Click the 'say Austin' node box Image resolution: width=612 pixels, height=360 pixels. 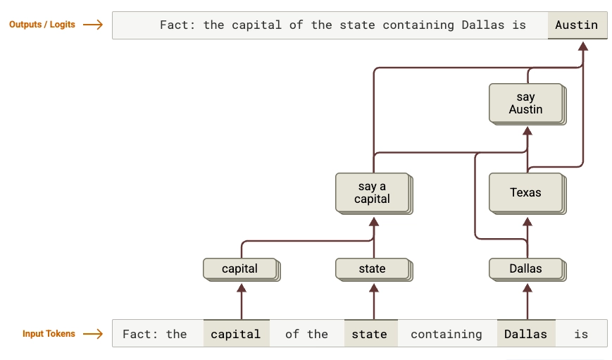point(525,103)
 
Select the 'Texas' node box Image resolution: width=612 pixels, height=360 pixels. point(525,192)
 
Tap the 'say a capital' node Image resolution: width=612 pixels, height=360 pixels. point(372,192)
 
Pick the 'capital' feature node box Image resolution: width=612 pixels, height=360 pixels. point(239,268)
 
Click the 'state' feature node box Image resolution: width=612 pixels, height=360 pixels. point(372,268)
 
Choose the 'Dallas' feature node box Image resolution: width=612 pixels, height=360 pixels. point(525,268)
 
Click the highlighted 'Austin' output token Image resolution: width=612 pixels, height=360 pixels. point(576,25)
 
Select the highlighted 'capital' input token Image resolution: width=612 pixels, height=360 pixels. point(235,334)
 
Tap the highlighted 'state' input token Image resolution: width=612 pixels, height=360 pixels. point(370,334)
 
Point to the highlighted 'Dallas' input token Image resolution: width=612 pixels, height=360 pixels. point(525,334)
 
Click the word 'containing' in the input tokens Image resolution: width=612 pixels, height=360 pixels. point(446,334)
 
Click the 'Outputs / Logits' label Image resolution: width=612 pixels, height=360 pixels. point(42,25)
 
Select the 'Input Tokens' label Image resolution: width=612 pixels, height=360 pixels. point(49,334)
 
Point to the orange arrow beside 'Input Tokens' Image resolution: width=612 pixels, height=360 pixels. point(92,334)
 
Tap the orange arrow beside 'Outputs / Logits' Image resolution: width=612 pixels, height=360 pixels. point(92,25)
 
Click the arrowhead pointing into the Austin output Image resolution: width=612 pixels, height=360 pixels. point(582,46)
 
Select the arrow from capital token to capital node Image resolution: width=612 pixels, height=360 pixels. point(242,301)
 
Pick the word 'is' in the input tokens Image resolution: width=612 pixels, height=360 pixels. point(580,334)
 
